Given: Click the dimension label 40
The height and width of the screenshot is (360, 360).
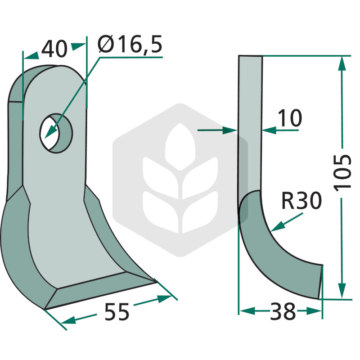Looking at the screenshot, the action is pos(54,49).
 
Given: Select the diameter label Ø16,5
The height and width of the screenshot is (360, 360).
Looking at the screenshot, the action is pos(130,44).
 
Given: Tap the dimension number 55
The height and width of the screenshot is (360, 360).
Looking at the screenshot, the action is pos(117,311).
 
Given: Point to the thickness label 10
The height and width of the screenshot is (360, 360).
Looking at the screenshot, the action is pos(290,118).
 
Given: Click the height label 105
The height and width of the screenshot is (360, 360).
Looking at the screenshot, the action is pos(342,173).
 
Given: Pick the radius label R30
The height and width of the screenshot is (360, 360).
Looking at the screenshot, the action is pos(301,201).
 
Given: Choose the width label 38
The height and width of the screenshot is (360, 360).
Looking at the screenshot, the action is pos(283,311).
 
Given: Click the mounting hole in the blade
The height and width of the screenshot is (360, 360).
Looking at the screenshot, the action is pos(56,133).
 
